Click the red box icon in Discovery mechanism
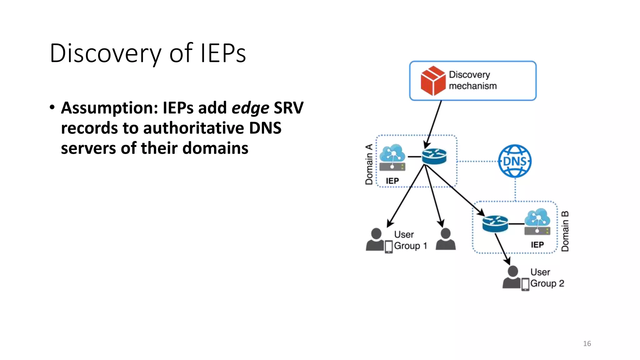point(433,81)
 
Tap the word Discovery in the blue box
point(469,75)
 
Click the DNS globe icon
point(515,161)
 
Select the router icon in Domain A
point(434,156)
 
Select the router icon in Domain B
point(495,224)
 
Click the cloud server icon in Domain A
point(392,157)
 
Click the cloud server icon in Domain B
point(537,222)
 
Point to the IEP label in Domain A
point(392,181)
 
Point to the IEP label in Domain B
point(537,245)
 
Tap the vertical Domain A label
point(369,164)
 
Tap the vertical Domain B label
point(565,231)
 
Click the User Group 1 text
point(410,240)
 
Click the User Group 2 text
point(547,278)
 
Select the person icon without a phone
point(446,239)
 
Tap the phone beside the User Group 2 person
point(525,284)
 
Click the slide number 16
point(587,343)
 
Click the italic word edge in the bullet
point(250,108)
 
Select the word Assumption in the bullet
point(109,108)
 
